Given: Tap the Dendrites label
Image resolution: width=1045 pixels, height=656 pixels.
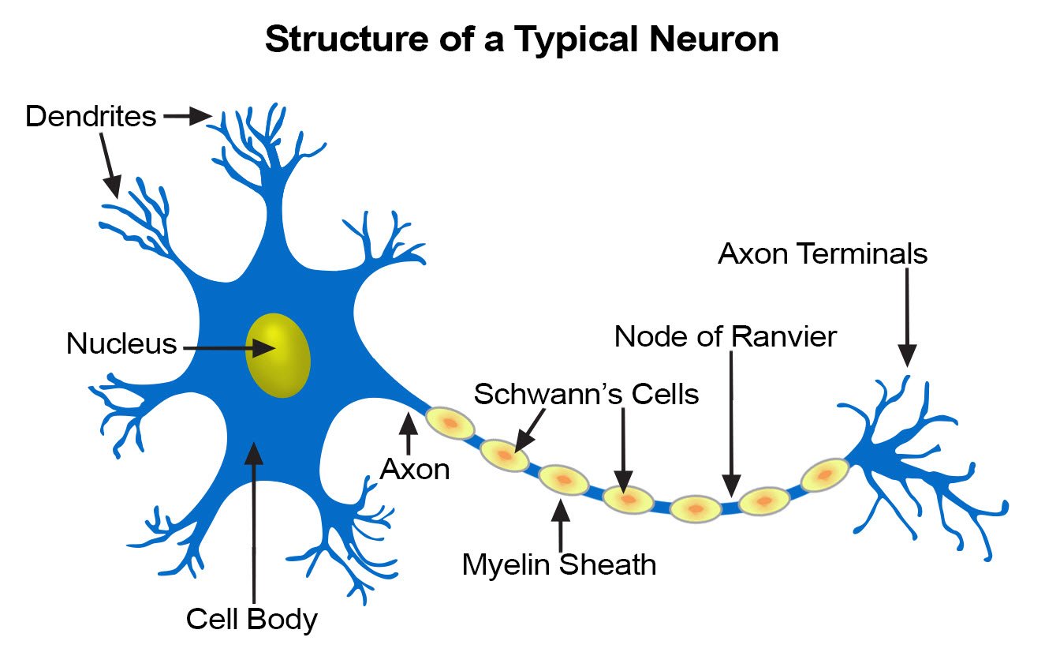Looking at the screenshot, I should (x=91, y=117).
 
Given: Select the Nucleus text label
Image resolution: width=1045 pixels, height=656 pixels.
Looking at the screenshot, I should (x=121, y=344).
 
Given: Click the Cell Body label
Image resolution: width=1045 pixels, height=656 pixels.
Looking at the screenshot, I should (x=252, y=619).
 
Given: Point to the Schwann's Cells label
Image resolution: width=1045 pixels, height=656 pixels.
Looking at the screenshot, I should (x=586, y=393).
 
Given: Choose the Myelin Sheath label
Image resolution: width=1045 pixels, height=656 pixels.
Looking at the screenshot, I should (x=558, y=564).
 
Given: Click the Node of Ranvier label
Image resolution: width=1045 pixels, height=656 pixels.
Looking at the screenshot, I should (x=725, y=336).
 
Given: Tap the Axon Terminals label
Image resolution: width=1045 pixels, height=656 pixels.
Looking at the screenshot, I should (x=823, y=254).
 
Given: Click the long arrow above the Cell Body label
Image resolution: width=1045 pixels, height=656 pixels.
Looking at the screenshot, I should (x=254, y=521).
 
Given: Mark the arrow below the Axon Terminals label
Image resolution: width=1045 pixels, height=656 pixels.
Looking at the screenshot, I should (x=907, y=316).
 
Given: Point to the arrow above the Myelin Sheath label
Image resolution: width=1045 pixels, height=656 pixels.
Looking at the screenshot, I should (x=561, y=525).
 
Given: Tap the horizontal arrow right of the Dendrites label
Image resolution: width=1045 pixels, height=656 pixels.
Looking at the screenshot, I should (x=188, y=117).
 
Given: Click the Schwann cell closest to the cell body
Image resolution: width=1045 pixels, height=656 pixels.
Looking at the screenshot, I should (x=450, y=424).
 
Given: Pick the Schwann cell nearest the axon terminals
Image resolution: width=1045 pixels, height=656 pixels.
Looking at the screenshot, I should (x=824, y=474).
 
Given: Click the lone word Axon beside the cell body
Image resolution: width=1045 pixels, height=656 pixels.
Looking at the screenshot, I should (x=415, y=470).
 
